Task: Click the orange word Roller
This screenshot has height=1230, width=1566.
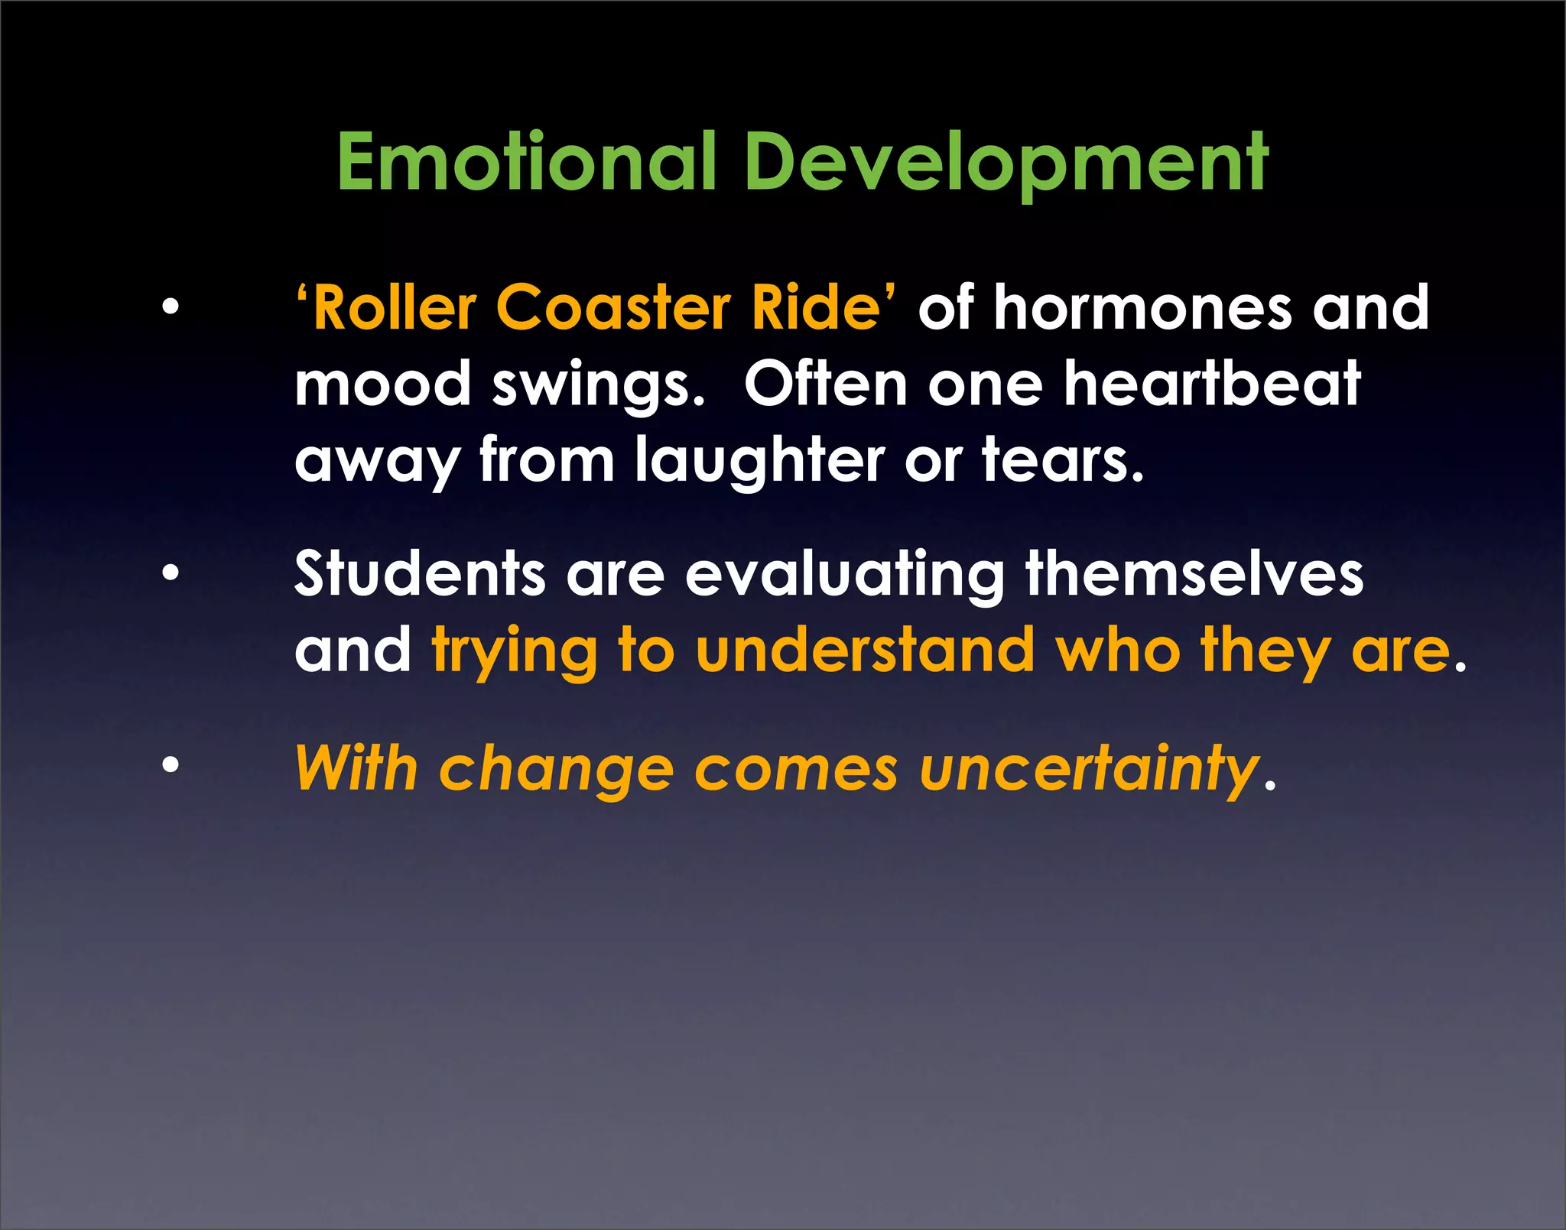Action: tap(395, 307)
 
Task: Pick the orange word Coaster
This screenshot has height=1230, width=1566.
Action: tap(613, 307)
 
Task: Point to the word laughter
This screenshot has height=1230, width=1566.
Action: tap(759, 461)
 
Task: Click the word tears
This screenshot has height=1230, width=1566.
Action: tap(1063, 461)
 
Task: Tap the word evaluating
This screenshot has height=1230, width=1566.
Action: tap(845, 575)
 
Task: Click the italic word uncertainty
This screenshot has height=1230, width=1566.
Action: tap(1089, 768)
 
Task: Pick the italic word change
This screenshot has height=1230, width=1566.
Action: tap(556, 768)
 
